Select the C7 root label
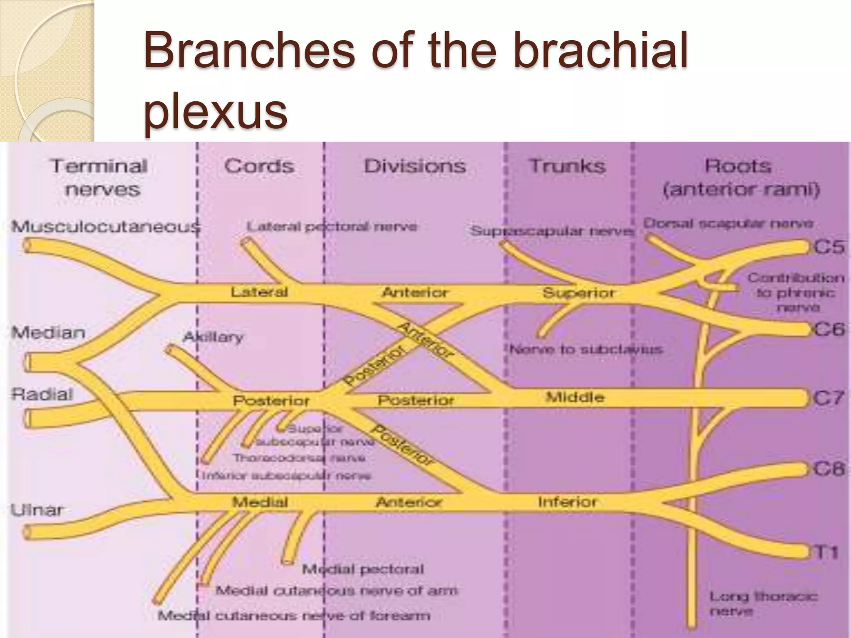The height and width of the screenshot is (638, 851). pyautogui.click(x=829, y=398)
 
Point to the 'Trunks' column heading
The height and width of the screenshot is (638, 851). pyautogui.click(x=567, y=167)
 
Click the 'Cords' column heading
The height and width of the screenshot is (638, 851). pyautogui.click(x=259, y=167)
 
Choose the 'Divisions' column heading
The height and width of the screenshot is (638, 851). pyautogui.click(x=415, y=167)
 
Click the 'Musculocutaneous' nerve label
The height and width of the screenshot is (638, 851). pyautogui.click(x=106, y=227)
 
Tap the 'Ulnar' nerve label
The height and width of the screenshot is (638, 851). pyautogui.click(x=37, y=510)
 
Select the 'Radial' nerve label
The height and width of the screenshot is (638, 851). pyautogui.click(x=42, y=394)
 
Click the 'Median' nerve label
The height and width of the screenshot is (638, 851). pyautogui.click(x=49, y=332)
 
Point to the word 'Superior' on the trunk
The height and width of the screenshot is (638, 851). pyautogui.click(x=578, y=293)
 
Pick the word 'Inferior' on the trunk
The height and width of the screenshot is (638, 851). pyautogui.click(x=567, y=502)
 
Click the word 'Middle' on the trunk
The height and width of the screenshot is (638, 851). pyautogui.click(x=575, y=397)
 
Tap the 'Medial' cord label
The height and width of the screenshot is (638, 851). pyautogui.click(x=260, y=502)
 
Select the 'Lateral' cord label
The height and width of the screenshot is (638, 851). pyautogui.click(x=259, y=292)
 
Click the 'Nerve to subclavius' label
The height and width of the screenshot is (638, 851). pyautogui.click(x=586, y=349)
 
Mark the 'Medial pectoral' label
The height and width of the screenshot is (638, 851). pyautogui.click(x=363, y=569)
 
